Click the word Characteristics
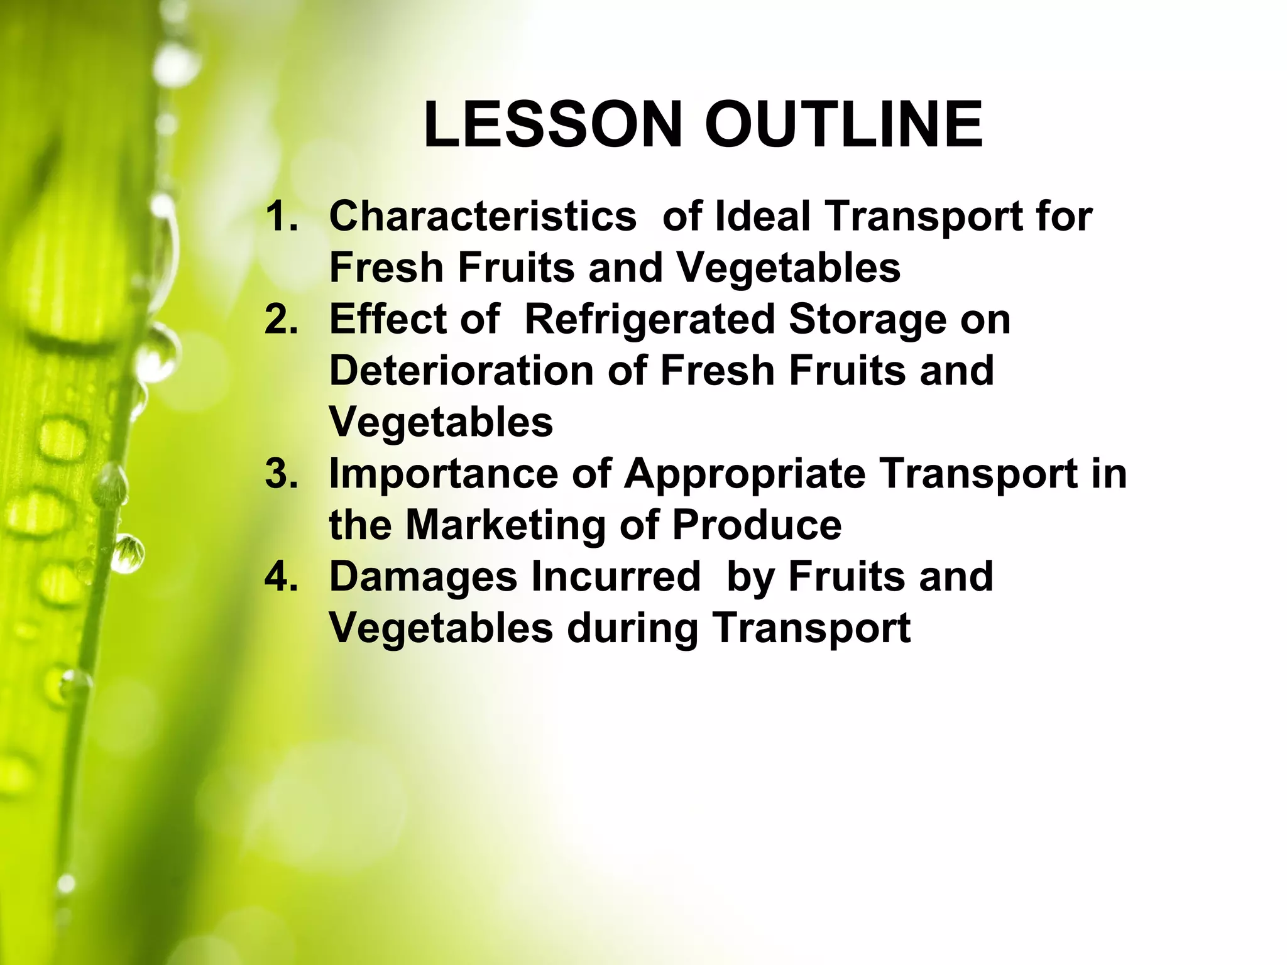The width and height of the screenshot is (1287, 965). [x=483, y=216]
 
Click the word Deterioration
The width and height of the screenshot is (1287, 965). [x=461, y=371]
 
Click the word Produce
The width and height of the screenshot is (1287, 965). [x=757, y=525]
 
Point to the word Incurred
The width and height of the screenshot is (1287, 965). [x=615, y=577]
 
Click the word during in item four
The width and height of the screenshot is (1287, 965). [x=632, y=628]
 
